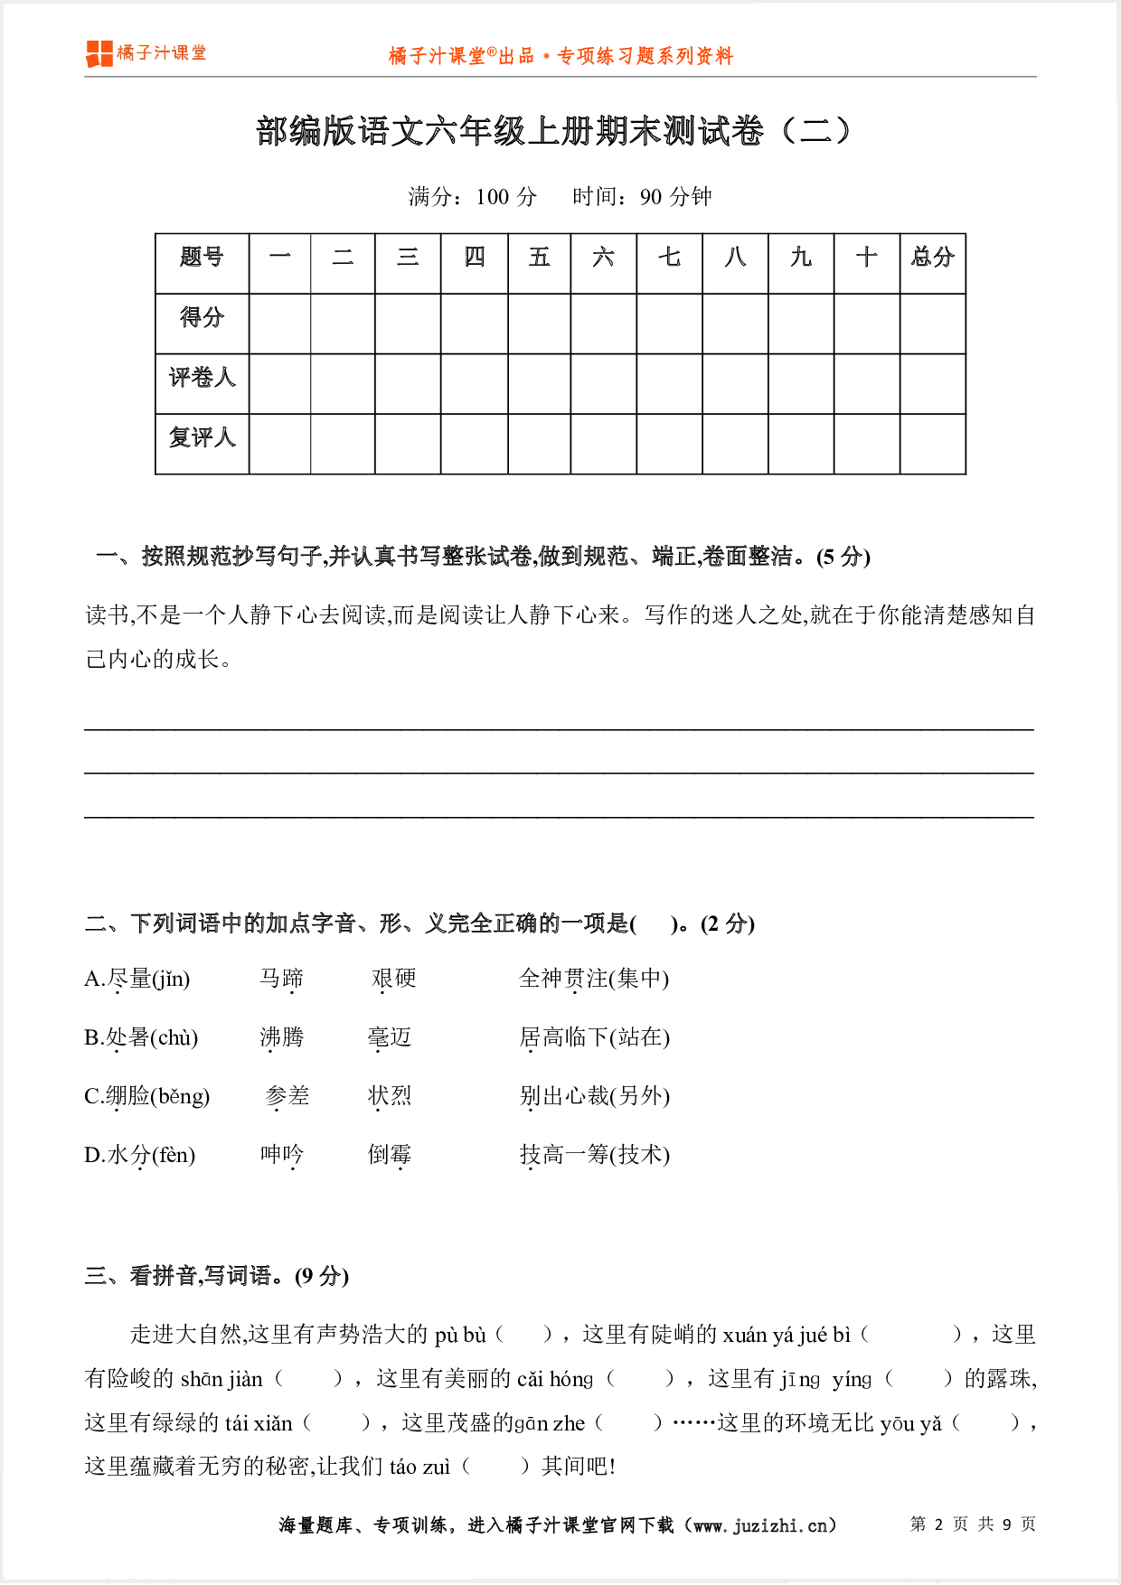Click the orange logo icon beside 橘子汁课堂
(x=99, y=54)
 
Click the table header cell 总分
(x=932, y=258)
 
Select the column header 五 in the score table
(x=539, y=258)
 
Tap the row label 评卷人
(x=202, y=378)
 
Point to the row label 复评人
(x=202, y=438)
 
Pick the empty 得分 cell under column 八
(x=735, y=323)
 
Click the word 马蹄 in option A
(x=281, y=979)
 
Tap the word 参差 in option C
(x=287, y=1096)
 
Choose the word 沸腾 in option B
(x=281, y=1037)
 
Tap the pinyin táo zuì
(x=419, y=1468)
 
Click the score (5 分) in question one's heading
(x=843, y=558)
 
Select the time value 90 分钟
(x=675, y=197)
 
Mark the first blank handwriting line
(x=559, y=727)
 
